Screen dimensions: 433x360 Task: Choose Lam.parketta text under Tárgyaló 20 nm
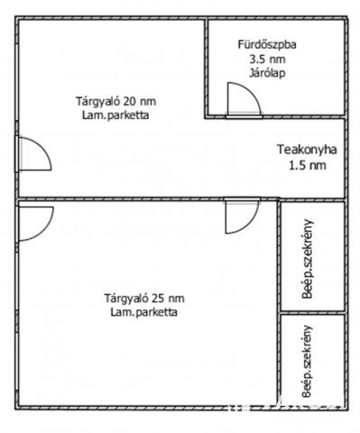[x=113, y=115]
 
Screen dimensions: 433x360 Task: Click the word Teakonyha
[x=306, y=152]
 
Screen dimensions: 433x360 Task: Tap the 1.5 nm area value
[x=306, y=165]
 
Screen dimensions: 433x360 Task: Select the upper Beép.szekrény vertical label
[x=309, y=258]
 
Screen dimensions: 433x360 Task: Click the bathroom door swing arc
[x=239, y=97]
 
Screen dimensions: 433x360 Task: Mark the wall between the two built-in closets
[x=310, y=312]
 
